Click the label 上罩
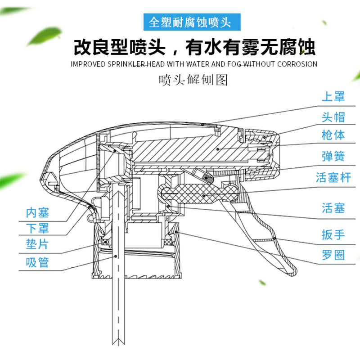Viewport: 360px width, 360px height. click(333, 96)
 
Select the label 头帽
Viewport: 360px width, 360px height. click(333, 116)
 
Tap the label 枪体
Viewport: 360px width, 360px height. click(333, 135)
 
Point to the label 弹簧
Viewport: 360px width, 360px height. click(333, 156)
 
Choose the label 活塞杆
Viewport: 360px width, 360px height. click(333, 177)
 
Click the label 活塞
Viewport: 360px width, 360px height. click(333, 208)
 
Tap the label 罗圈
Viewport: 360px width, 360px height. click(333, 255)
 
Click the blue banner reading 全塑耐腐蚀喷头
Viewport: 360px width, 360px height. click(193, 21)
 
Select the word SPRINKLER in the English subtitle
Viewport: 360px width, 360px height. click(124, 64)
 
